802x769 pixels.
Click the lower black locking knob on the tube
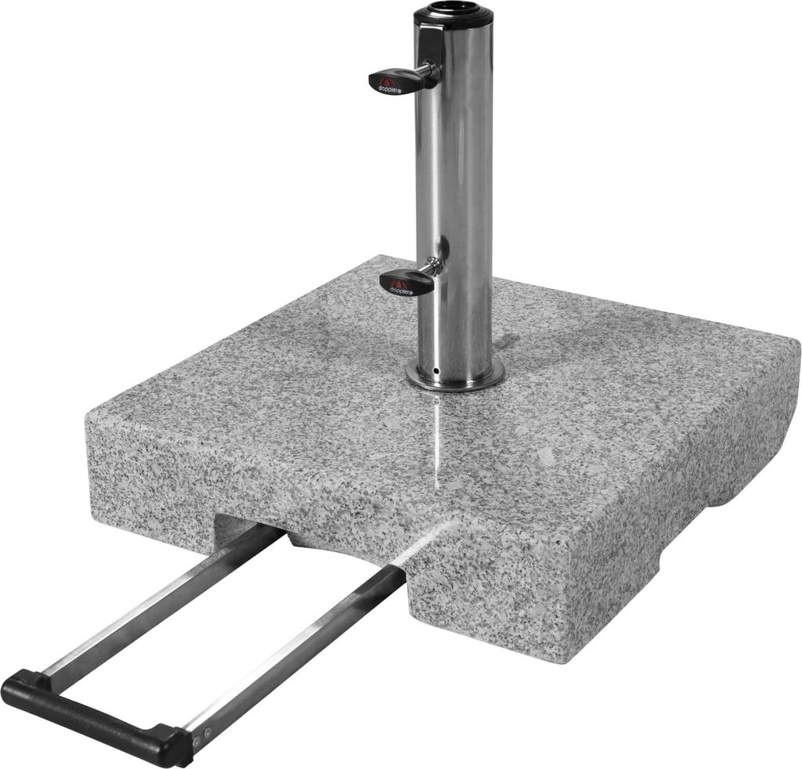[405, 283]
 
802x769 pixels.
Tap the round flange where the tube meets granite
[454, 379]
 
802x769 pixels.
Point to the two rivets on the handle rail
[202, 733]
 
